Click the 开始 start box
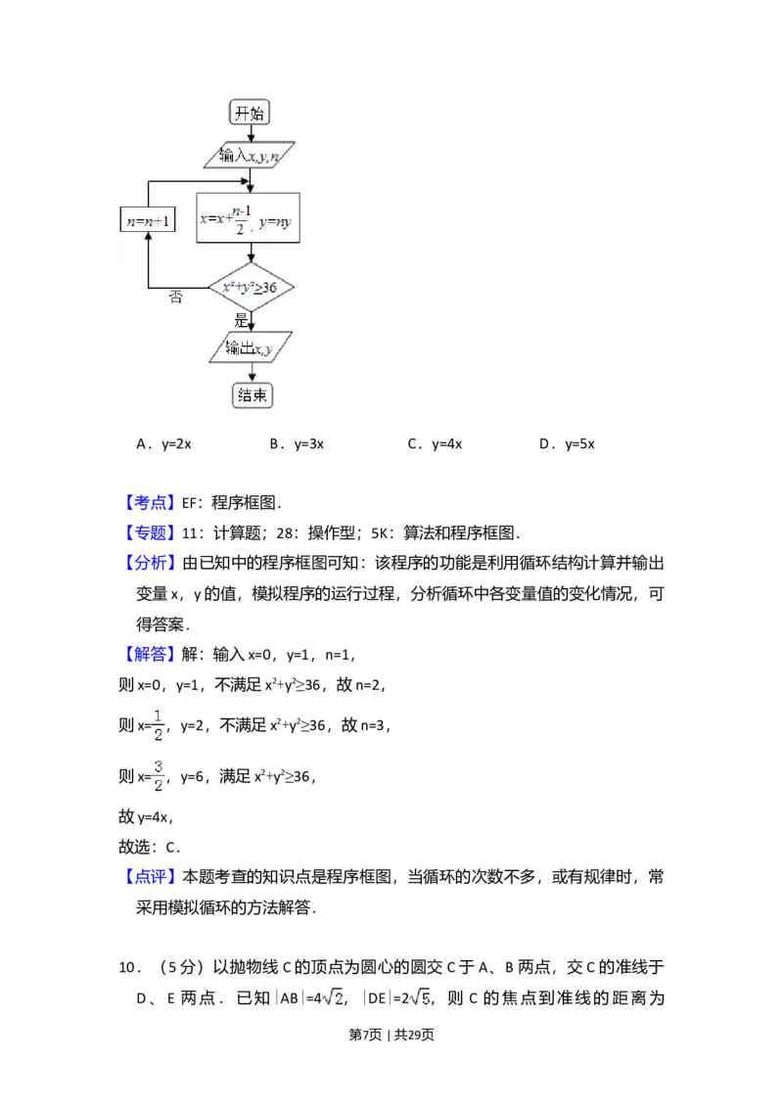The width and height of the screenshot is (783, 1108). pos(250,113)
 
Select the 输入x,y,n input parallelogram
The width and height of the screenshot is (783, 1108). pos(254,156)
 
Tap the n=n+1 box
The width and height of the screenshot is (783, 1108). pos(147,220)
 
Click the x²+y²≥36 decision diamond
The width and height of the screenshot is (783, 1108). pos(252,288)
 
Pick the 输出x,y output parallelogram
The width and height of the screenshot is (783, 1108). pos(251,348)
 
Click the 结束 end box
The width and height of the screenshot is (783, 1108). pos(252,395)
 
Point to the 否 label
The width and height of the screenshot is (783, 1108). pos(176,298)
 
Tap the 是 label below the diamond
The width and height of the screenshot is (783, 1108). pos(242,319)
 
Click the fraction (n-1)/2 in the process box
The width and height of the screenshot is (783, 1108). pos(245,218)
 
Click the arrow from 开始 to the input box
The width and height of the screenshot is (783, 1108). pos(250,134)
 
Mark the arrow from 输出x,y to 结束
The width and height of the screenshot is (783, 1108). pos(252,373)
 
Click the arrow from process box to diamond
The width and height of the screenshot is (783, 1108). pos(252,254)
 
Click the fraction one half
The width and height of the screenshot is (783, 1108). pos(161,724)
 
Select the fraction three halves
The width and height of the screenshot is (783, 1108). pos(161,775)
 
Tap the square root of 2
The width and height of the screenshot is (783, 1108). pos(333,998)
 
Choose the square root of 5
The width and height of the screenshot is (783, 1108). pos(419,998)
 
